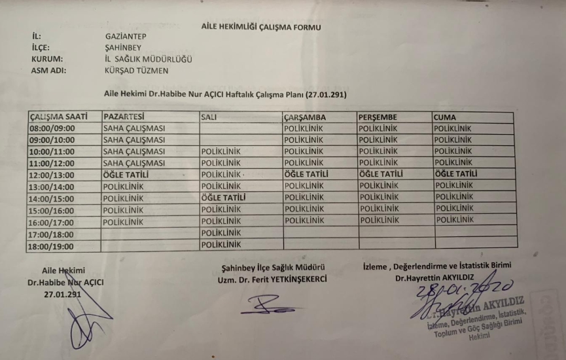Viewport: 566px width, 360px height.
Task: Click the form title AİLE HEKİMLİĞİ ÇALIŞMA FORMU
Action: click(x=261, y=27)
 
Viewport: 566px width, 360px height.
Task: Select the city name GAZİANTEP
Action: click(x=125, y=37)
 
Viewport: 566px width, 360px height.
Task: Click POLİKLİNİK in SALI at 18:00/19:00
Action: click(x=221, y=244)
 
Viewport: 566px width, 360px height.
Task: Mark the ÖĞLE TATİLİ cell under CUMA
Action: click(x=456, y=174)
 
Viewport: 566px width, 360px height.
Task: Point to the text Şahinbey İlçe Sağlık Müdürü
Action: click(x=274, y=267)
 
